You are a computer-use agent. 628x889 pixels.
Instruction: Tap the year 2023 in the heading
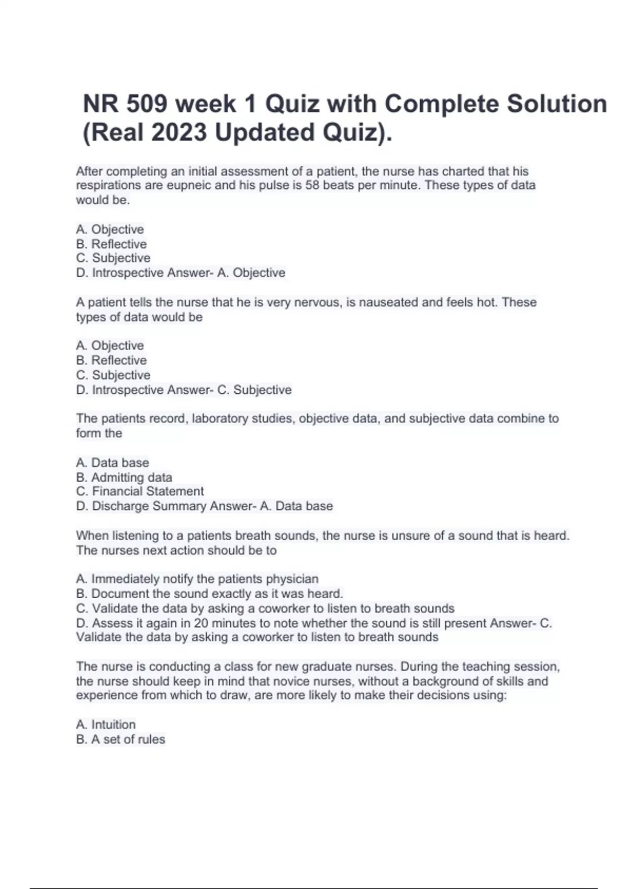[x=179, y=132]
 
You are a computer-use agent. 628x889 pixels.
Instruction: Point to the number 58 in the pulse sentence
[x=312, y=185]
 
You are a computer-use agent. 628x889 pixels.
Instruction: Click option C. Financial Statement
[x=140, y=492]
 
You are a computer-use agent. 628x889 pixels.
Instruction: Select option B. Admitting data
[x=124, y=477]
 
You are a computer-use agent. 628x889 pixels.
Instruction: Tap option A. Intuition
[x=106, y=725]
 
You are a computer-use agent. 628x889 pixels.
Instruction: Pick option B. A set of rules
[x=120, y=739]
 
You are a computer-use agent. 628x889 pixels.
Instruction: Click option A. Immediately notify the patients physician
[x=197, y=579]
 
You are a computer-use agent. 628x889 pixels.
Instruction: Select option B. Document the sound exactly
[x=209, y=594]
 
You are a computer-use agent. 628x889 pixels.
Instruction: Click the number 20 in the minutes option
[x=201, y=623]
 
